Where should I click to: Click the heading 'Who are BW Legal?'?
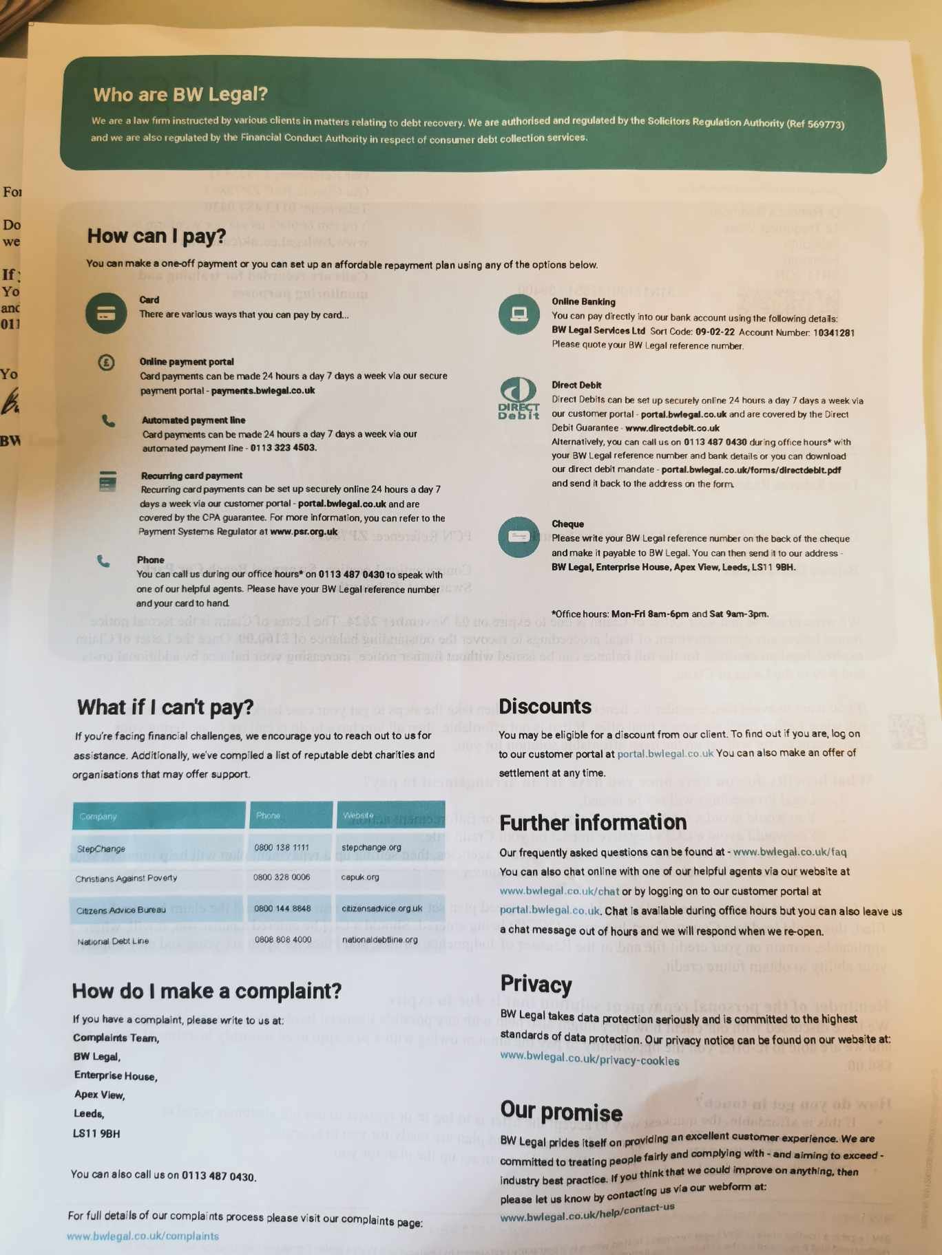point(180,94)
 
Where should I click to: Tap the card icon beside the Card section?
point(106,313)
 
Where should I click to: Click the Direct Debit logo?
point(519,398)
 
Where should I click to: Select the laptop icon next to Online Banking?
point(519,314)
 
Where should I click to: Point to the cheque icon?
point(519,537)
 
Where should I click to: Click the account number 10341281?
point(833,333)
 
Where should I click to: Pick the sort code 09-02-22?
point(715,332)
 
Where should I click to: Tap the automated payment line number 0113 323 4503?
point(283,448)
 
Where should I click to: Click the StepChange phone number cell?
point(282,848)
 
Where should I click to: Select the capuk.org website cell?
point(360,877)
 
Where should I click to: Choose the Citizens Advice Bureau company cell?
point(121,910)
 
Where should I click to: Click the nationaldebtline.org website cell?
point(379,940)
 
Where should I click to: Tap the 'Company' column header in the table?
point(98,817)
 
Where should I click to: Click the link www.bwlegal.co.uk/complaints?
point(143,1236)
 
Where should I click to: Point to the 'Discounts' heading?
point(545,707)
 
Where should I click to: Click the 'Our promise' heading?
point(561,1111)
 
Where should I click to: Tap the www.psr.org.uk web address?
point(304,532)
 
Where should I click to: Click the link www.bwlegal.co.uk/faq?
point(790,852)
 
